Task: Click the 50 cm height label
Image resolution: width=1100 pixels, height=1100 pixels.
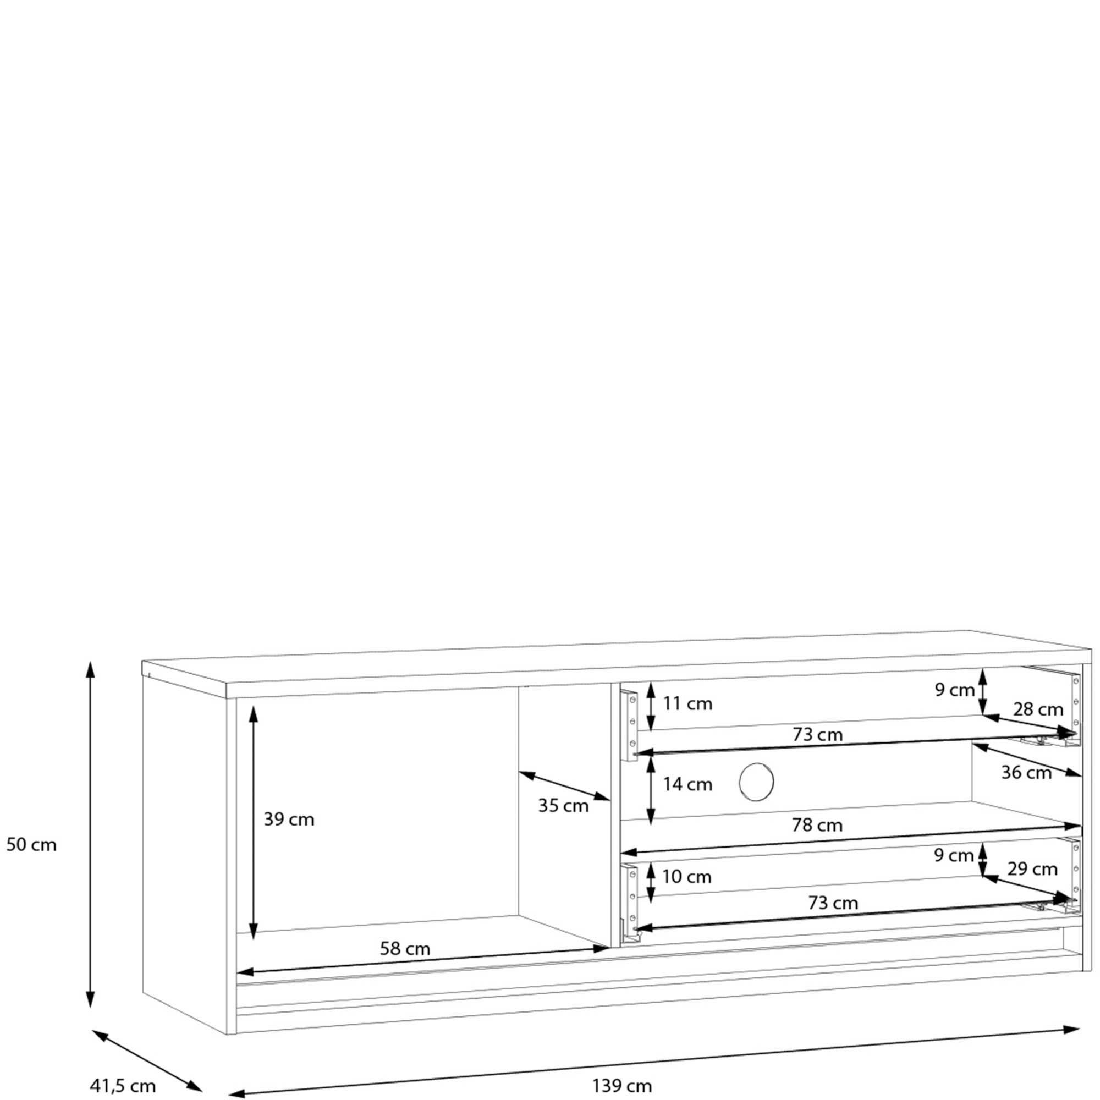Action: coord(31,845)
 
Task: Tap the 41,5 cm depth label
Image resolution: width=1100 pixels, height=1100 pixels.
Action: coord(123,1086)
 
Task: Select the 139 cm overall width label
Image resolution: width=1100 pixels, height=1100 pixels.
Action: coord(621,1086)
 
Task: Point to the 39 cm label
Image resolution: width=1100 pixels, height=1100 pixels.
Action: coord(289,820)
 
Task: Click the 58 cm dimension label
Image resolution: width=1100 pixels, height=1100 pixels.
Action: coord(405,949)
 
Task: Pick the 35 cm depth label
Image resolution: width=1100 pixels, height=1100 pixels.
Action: coord(563,806)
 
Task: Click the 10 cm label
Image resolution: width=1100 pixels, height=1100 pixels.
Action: coord(686,877)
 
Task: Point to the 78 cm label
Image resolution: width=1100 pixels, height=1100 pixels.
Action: coord(817,825)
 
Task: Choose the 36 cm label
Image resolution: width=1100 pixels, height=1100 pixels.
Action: coord(1026,773)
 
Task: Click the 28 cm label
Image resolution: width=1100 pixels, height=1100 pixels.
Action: coord(1038,710)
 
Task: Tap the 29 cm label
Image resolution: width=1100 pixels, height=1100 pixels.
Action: coord(1032,869)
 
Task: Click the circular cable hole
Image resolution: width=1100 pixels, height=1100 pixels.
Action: coord(756,782)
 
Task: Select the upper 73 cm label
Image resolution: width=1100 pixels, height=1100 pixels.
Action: coord(818,734)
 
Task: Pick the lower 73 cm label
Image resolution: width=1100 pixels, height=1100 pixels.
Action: coord(833,903)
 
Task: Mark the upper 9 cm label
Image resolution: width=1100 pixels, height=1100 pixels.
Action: coord(955,690)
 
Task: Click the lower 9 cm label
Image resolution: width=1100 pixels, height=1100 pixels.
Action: coord(954,855)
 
